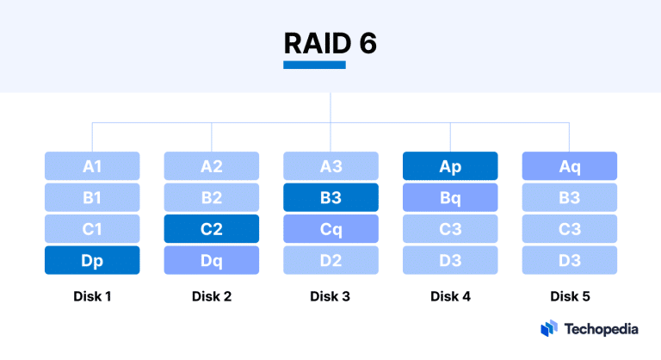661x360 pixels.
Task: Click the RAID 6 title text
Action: [x=330, y=43]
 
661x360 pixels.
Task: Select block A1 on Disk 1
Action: [x=92, y=165]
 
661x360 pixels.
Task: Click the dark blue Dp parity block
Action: [x=92, y=260]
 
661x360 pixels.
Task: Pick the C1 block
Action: [x=92, y=229]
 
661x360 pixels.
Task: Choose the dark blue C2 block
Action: [x=212, y=229]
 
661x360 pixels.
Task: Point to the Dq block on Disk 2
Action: [x=212, y=260]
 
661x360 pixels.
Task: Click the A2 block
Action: [x=212, y=165]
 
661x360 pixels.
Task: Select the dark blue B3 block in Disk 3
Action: [x=330, y=197]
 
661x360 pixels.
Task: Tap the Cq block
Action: [x=330, y=229]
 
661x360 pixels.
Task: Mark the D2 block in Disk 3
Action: [x=330, y=260]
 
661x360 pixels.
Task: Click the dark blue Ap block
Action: [x=450, y=165]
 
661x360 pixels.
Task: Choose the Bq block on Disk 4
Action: [x=450, y=197]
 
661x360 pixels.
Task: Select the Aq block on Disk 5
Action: [x=570, y=165]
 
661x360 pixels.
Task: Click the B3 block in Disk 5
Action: [x=570, y=197]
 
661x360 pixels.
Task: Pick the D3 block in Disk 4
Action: [x=450, y=260]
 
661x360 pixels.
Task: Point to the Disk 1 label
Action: [x=92, y=297]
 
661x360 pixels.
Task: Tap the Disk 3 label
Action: [x=330, y=297]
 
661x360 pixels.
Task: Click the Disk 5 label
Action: [x=570, y=297]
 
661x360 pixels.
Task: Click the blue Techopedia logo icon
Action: [x=549, y=328]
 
